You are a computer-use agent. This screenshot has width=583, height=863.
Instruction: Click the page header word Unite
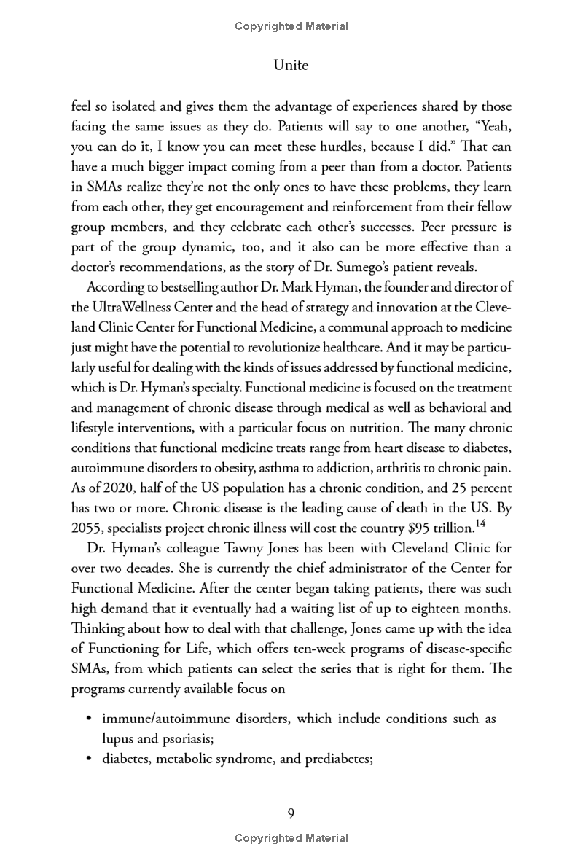click(x=291, y=66)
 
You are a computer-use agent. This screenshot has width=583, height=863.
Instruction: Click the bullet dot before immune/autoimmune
click(x=88, y=719)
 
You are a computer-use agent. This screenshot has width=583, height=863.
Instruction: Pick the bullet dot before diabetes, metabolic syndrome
click(x=88, y=758)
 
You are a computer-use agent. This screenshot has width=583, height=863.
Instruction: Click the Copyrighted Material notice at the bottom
click(x=291, y=838)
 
